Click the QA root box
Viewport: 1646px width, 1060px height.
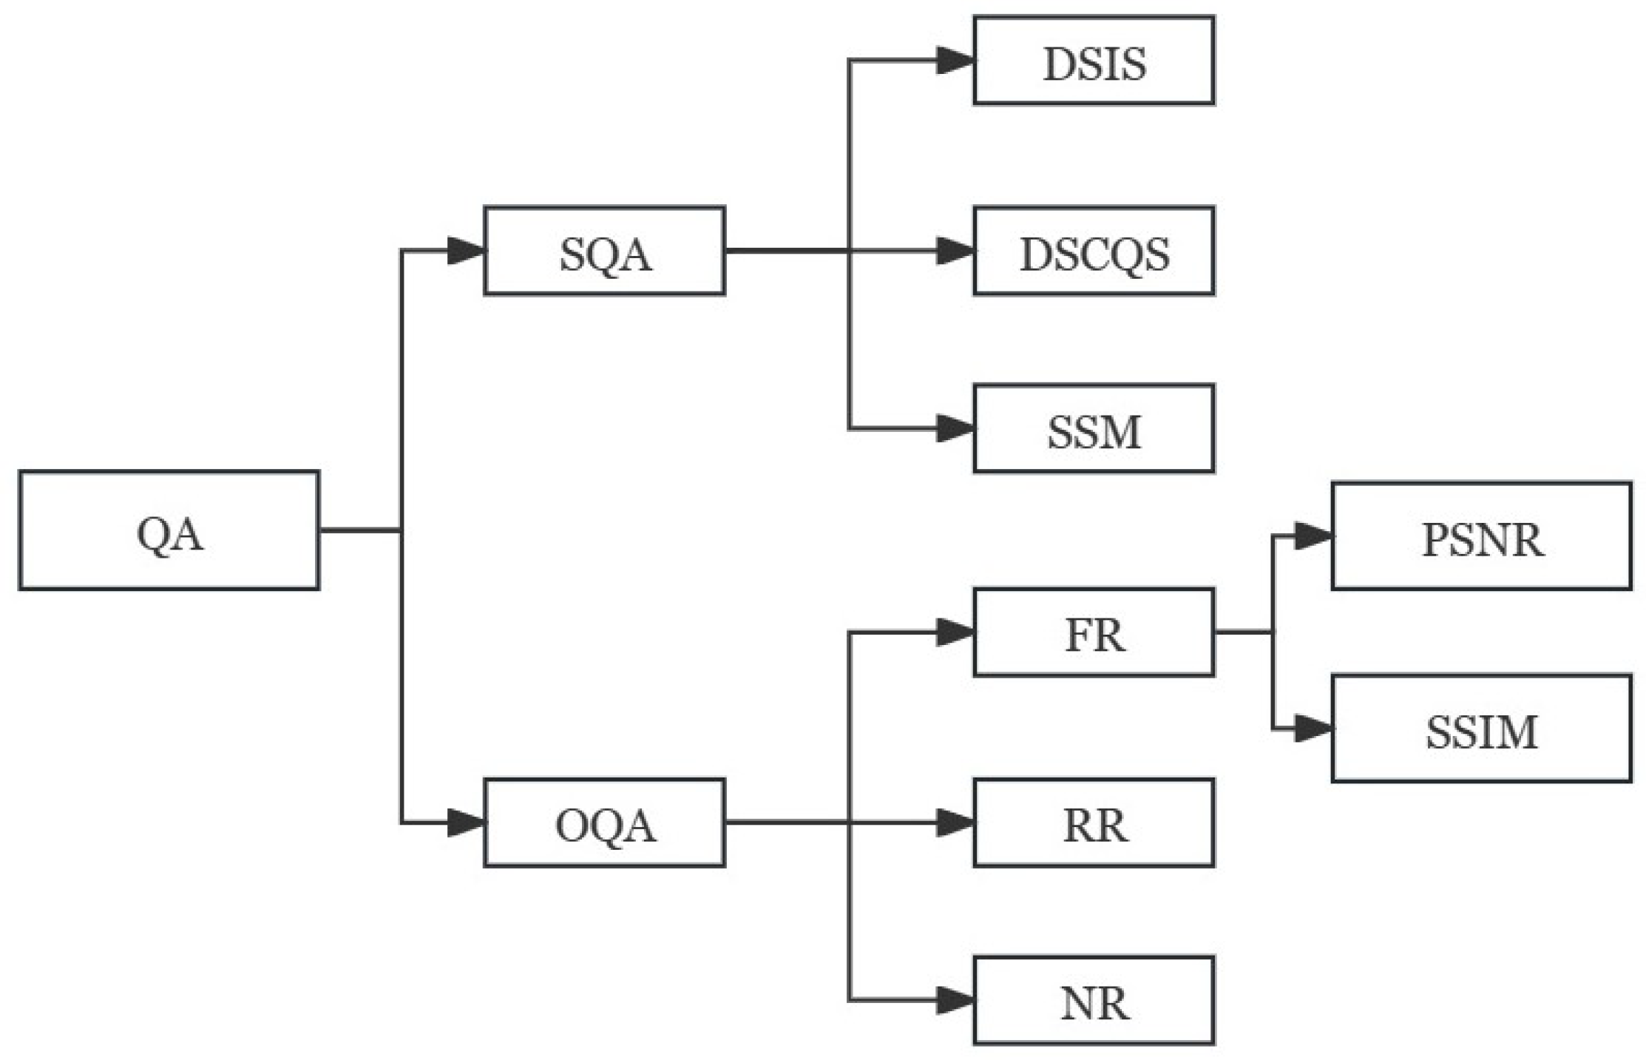pyautogui.click(x=169, y=530)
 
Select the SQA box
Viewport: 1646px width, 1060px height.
pyautogui.click(x=604, y=251)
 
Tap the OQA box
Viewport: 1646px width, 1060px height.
pyautogui.click(x=604, y=823)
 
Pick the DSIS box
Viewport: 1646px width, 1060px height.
pyautogui.click(x=1094, y=61)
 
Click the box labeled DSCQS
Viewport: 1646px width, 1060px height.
pyautogui.click(x=1094, y=251)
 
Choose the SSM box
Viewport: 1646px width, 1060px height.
pyautogui.click(x=1094, y=428)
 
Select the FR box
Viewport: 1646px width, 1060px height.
pyautogui.click(x=1094, y=632)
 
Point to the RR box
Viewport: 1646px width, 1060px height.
pyautogui.click(x=1094, y=823)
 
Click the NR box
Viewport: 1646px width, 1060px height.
pyautogui.click(x=1094, y=1001)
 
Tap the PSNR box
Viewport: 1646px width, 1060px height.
pyautogui.click(x=1481, y=536)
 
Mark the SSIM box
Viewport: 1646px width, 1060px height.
pyautogui.click(x=1481, y=729)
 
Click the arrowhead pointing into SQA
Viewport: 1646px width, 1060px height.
pyautogui.click(x=466, y=251)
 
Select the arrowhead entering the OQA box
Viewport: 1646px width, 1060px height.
pyautogui.click(x=466, y=823)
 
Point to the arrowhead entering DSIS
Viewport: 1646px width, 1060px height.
pyautogui.click(x=955, y=61)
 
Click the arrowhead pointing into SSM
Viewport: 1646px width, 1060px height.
pyautogui.click(x=955, y=428)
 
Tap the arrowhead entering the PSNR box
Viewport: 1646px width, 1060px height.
pyautogui.click(x=1313, y=536)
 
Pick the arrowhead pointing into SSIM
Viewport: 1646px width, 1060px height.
pyautogui.click(x=1313, y=729)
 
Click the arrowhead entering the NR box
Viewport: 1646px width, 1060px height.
pyautogui.click(x=955, y=1001)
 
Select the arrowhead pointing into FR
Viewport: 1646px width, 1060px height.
pyautogui.click(x=955, y=632)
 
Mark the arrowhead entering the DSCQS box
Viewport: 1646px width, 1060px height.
pyautogui.click(x=955, y=251)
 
